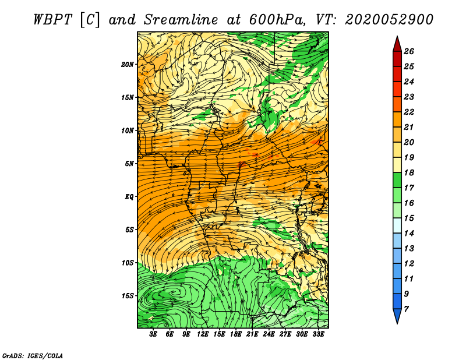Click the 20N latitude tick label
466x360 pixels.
click(x=127, y=65)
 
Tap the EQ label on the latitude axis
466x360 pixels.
click(x=129, y=197)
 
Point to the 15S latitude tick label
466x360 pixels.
click(x=127, y=296)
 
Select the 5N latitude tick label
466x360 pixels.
click(x=129, y=164)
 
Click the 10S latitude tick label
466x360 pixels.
click(x=127, y=263)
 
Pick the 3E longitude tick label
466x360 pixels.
click(x=153, y=334)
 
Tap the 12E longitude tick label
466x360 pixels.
click(x=203, y=334)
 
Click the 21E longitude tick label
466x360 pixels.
click(x=252, y=334)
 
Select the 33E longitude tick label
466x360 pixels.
click(x=318, y=334)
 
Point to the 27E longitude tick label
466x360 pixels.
click(x=285, y=334)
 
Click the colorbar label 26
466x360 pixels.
click(x=409, y=51)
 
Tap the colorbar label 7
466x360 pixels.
click(x=406, y=309)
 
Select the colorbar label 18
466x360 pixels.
click(x=409, y=172)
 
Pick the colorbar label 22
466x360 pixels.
click(x=409, y=112)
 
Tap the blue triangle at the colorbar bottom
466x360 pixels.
click(x=397, y=315)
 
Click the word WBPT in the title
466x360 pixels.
click(x=52, y=20)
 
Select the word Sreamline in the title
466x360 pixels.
click(x=181, y=20)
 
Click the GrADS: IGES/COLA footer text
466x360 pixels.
click(x=33, y=356)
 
